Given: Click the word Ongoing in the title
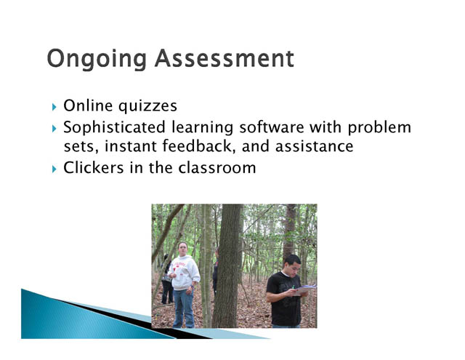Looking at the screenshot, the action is (x=97, y=60).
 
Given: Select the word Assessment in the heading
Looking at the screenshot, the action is (x=225, y=58).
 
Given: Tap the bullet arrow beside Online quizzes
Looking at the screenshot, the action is (x=54, y=107).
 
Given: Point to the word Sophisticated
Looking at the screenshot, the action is (x=114, y=127).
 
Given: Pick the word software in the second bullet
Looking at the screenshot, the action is (x=272, y=127).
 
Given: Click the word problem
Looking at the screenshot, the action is (x=379, y=128).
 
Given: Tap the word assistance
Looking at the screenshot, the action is (x=315, y=146).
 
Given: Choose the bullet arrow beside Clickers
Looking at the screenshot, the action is (x=54, y=169).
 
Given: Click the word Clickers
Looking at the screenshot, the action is (x=94, y=168).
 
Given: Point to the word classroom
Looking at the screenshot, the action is (x=217, y=168).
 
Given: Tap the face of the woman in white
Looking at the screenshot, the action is (x=182, y=250).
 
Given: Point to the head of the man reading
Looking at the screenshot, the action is (x=292, y=265).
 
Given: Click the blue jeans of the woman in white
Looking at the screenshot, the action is (x=184, y=308).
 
